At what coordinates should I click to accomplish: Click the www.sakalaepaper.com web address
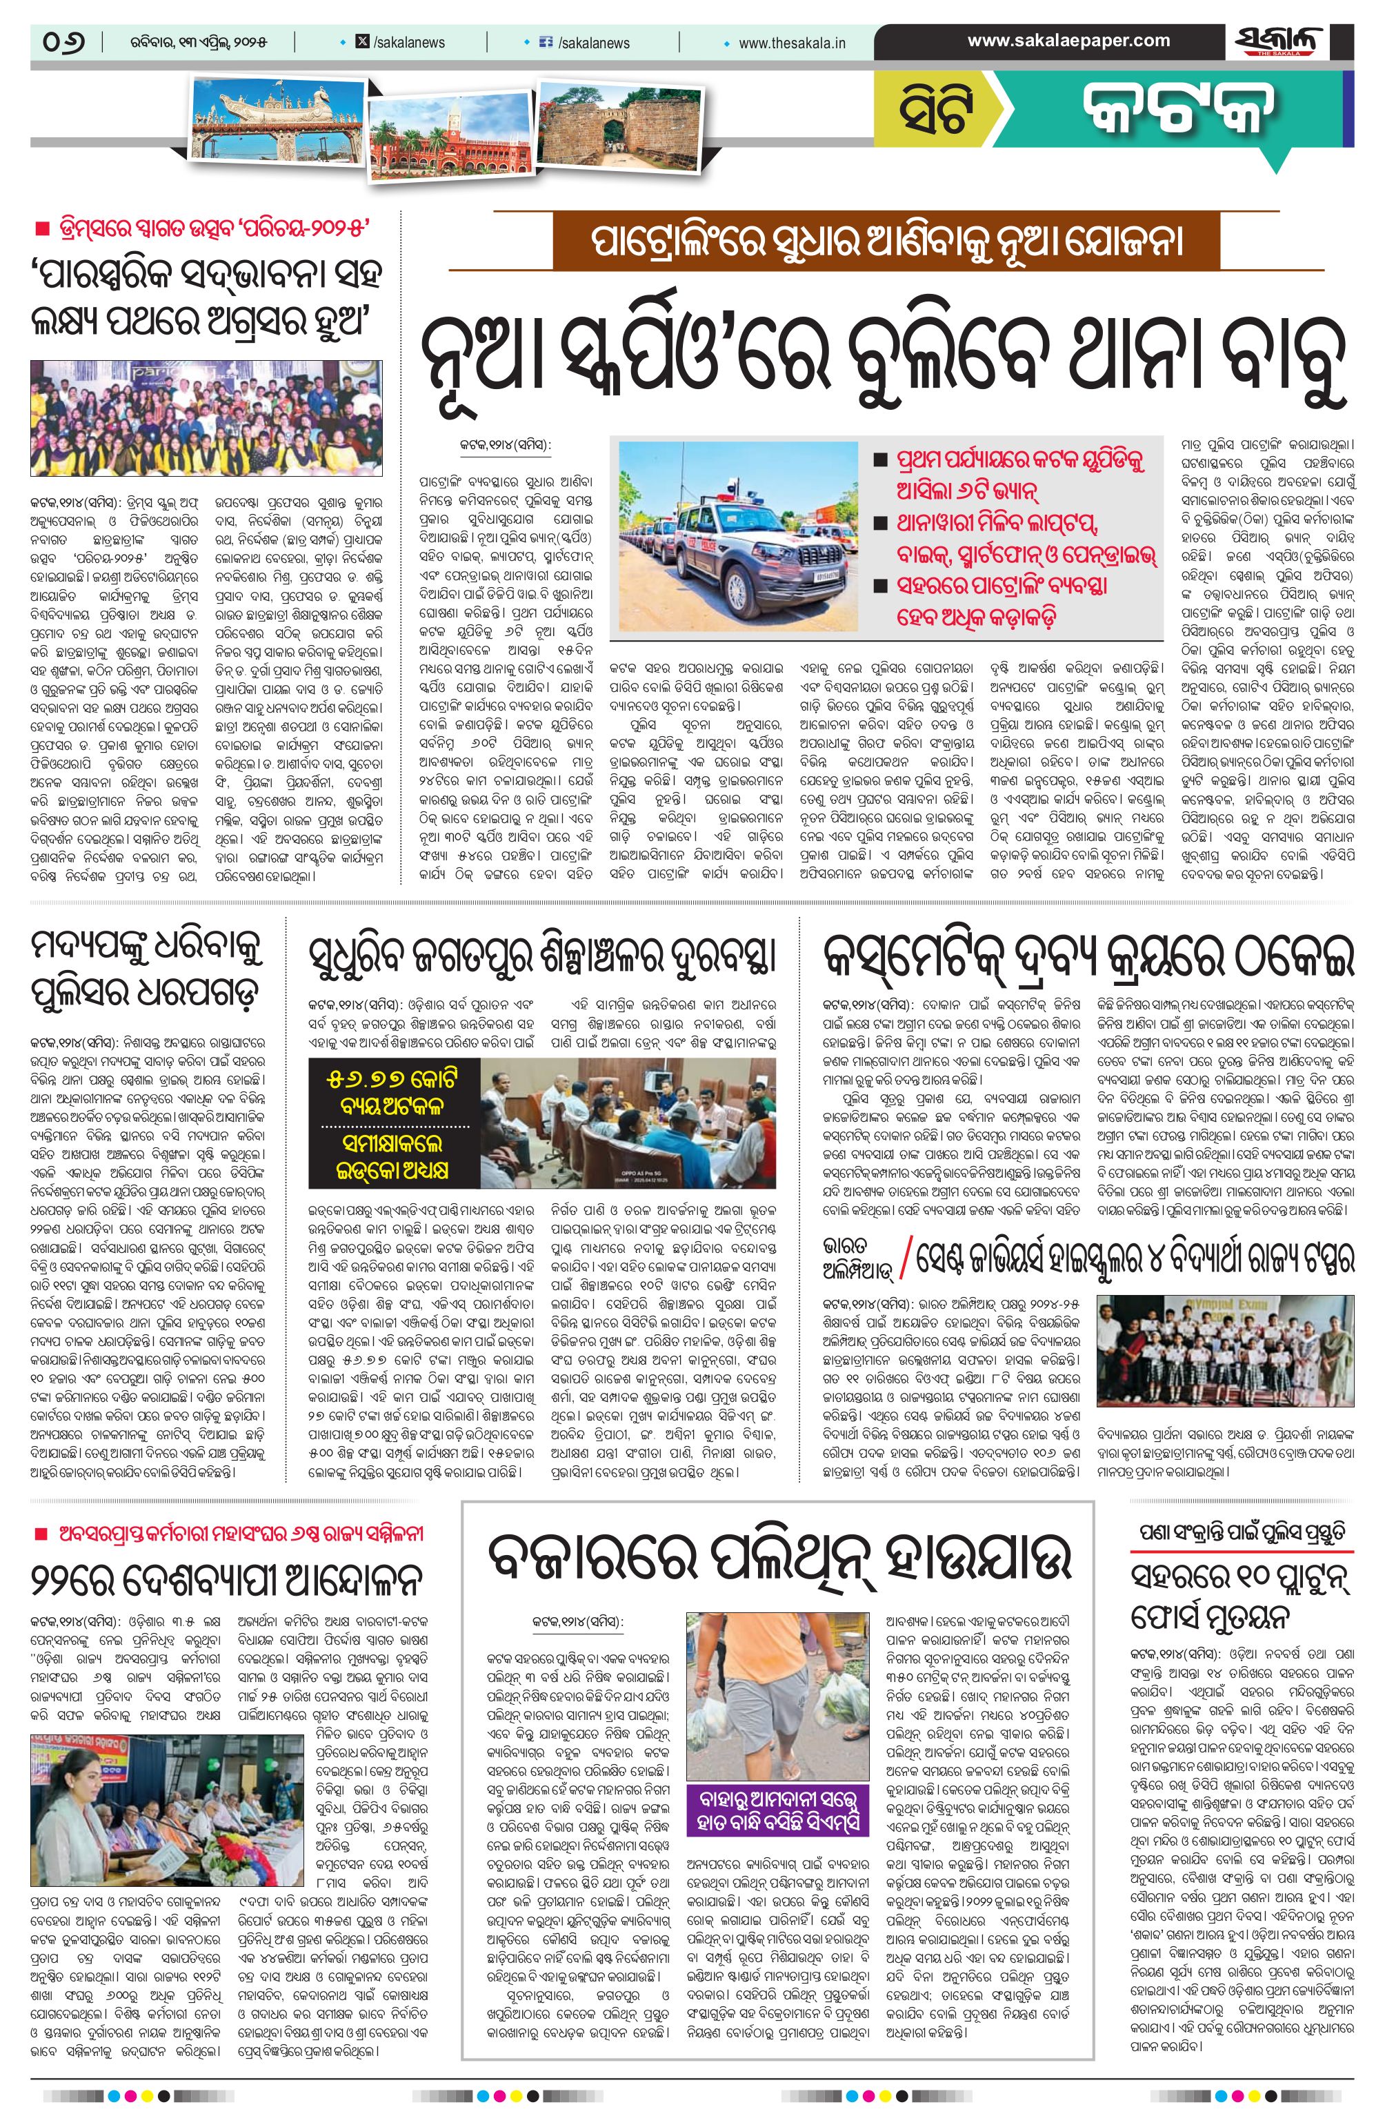point(1068,40)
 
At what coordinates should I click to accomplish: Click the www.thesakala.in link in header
point(792,43)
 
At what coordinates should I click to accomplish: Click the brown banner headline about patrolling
point(885,243)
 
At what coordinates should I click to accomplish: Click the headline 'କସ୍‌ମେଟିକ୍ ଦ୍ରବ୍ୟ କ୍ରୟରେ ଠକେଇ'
point(1088,957)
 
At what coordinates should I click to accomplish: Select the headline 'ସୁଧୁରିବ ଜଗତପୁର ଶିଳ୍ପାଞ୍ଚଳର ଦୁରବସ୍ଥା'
point(541,957)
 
